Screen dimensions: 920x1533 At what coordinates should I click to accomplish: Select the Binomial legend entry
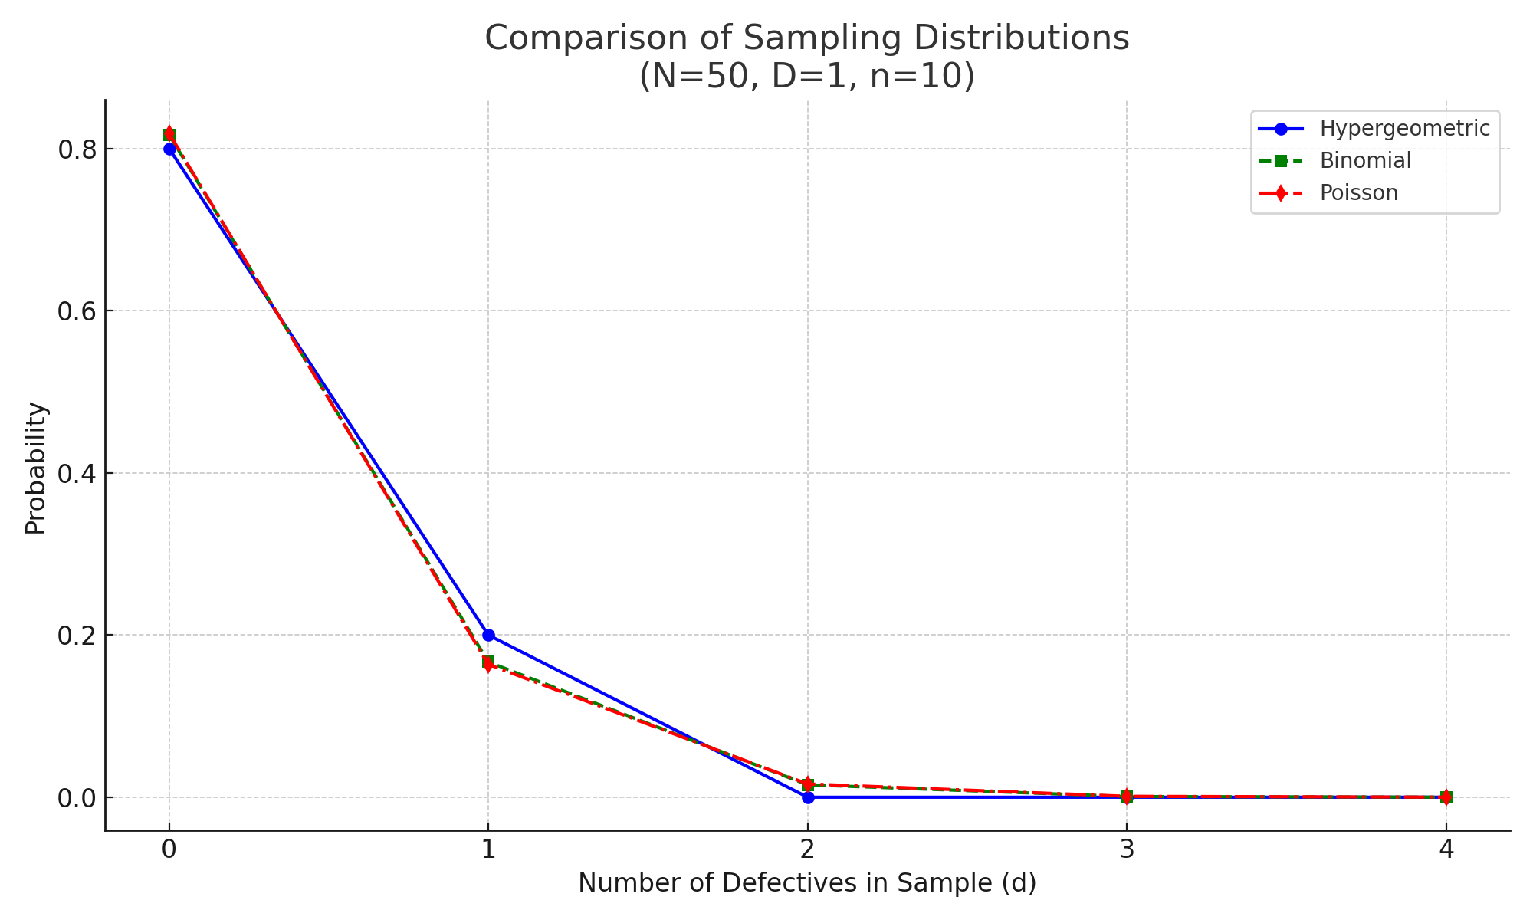[x=1365, y=160]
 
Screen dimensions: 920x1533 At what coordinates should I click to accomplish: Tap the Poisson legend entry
[x=1358, y=192]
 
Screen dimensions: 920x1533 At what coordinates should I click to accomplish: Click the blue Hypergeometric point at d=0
[x=169, y=149]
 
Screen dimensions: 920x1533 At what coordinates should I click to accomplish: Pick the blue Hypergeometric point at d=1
[x=488, y=635]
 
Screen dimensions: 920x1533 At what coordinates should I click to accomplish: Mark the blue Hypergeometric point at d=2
[x=807, y=797]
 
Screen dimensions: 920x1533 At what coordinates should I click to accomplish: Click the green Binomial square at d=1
[x=488, y=662]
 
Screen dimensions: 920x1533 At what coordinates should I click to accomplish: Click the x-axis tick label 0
[x=169, y=849]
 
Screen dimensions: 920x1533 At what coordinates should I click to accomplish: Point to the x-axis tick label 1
[x=488, y=849]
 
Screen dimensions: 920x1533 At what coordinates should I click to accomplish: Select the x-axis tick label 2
[x=807, y=849]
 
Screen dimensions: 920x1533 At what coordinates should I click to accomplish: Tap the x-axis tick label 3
[x=1126, y=849]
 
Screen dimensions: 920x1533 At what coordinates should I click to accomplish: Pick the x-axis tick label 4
[x=1446, y=849]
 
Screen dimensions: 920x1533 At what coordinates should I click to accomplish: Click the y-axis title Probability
[x=36, y=468]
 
